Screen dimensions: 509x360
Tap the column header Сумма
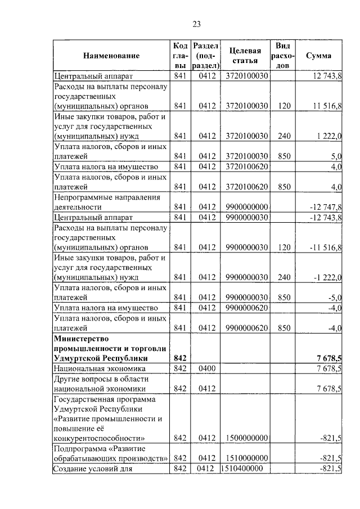[318, 56]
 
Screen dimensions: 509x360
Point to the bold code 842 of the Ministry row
[180, 358]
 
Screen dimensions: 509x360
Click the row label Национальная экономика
[100, 368]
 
